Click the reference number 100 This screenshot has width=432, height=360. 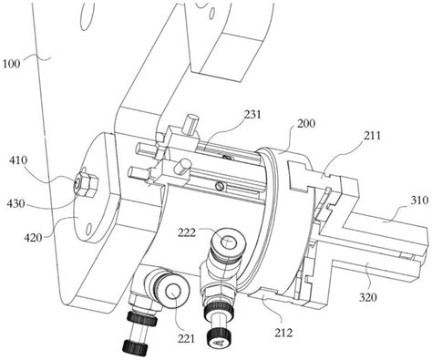[x=11, y=64]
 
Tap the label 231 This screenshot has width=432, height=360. [x=252, y=115]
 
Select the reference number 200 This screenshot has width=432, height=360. [x=306, y=124]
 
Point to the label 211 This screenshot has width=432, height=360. [x=372, y=135]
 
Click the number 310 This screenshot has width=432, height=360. [x=420, y=201]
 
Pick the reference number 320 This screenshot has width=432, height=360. [x=368, y=297]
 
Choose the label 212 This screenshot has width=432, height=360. [x=283, y=333]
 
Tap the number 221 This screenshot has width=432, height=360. [x=186, y=338]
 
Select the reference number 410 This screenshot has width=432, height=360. [x=18, y=160]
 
